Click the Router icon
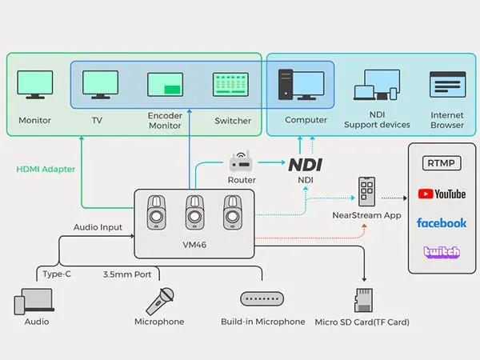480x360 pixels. (241, 162)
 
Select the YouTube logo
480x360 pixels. (442, 194)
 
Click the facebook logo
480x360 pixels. (442, 222)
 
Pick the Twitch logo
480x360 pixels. (442, 252)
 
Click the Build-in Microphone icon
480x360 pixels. (262, 298)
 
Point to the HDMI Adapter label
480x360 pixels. (46, 169)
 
